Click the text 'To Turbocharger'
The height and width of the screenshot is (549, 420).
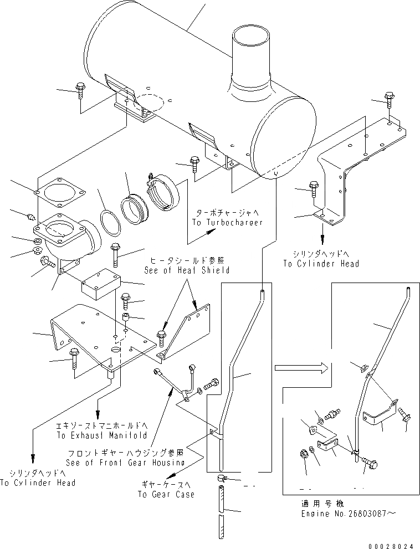point(228,222)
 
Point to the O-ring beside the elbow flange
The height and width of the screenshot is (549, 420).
point(111,223)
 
